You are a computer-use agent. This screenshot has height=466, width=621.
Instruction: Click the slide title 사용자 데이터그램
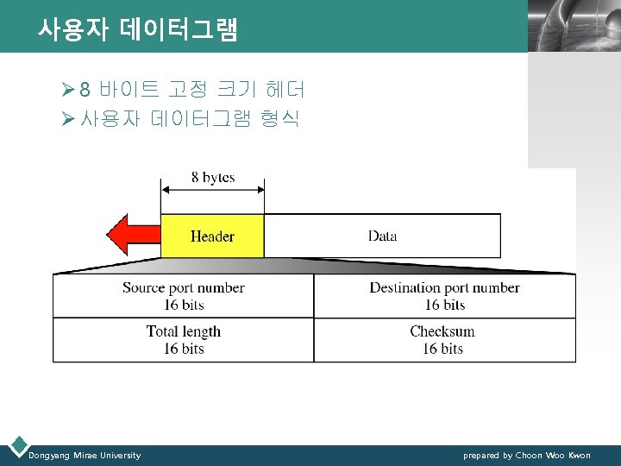[137, 30]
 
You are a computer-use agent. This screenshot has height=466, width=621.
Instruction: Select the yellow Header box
[212, 236]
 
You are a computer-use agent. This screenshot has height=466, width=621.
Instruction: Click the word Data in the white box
[382, 236]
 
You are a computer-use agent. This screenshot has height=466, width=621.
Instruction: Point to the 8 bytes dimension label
[212, 178]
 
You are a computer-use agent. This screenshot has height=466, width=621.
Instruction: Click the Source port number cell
[183, 296]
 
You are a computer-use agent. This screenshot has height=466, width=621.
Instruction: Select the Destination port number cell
[444, 296]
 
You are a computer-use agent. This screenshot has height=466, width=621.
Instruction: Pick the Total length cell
[183, 340]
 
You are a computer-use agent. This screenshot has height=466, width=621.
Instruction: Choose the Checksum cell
[442, 340]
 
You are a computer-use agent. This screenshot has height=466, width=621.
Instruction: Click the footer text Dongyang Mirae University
[85, 455]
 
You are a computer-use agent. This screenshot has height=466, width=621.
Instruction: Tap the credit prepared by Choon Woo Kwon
[526, 455]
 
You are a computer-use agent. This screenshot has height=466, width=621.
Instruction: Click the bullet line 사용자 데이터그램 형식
[189, 119]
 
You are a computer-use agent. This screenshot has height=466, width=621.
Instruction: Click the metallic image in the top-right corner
[573, 26]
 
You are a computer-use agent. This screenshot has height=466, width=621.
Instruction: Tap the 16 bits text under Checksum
[442, 349]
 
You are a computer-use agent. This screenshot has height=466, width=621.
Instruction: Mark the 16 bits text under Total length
[184, 349]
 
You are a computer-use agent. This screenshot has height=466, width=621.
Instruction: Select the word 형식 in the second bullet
[279, 119]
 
